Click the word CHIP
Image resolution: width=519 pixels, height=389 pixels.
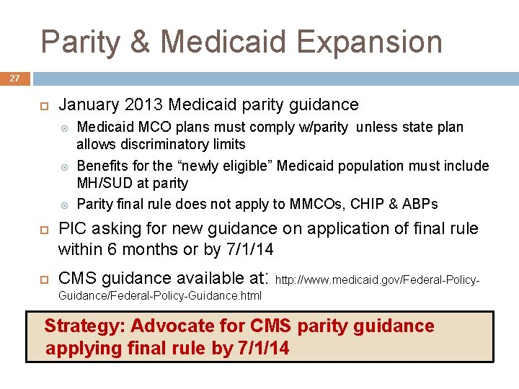coord(367,204)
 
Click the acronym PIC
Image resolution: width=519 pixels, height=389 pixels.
coord(72,228)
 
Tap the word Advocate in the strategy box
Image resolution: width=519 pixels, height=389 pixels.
coord(165,326)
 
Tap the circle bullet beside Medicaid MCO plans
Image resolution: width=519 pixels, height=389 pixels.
coord(66,128)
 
